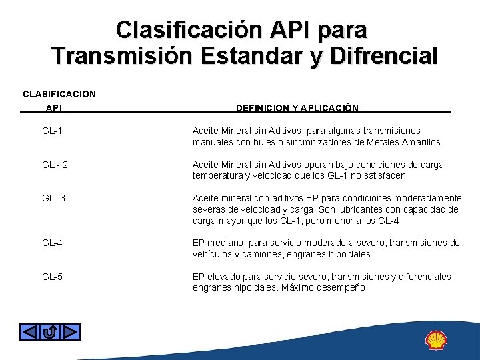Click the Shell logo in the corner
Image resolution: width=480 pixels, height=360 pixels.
(x=436, y=340)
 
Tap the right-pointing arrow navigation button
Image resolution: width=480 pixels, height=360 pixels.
(x=71, y=331)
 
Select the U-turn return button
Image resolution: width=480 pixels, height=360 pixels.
(x=50, y=331)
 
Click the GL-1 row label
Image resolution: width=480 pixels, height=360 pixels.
(x=52, y=131)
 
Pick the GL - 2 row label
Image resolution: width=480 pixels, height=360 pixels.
(x=55, y=165)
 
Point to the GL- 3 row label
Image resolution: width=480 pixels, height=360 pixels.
(x=53, y=198)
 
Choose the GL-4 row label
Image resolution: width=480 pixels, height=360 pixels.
(x=52, y=243)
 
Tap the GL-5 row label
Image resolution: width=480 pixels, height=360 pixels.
(x=52, y=277)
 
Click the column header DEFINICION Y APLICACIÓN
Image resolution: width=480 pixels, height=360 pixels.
(x=297, y=108)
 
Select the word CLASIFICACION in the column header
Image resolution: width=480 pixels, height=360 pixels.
(x=59, y=93)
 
